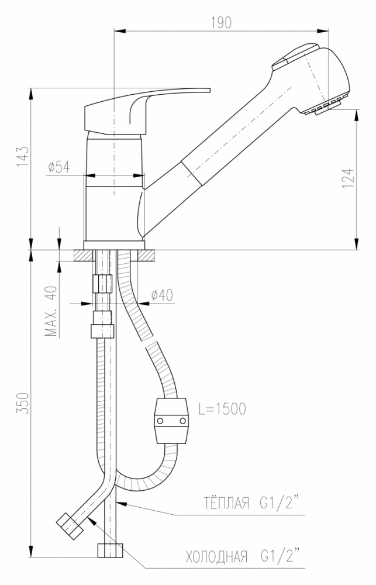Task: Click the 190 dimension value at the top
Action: tap(222, 23)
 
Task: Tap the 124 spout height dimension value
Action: tap(347, 178)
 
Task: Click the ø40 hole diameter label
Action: tap(162, 295)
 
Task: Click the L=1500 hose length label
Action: tap(222, 409)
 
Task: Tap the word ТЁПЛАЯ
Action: tap(226, 503)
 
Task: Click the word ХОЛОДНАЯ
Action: tap(216, 557)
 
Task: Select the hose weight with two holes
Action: tap(171, 421)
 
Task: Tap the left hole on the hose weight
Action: tap(160, 421)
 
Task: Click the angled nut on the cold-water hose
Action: tap(70, 526)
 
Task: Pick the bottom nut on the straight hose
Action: tap(110, 550)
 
